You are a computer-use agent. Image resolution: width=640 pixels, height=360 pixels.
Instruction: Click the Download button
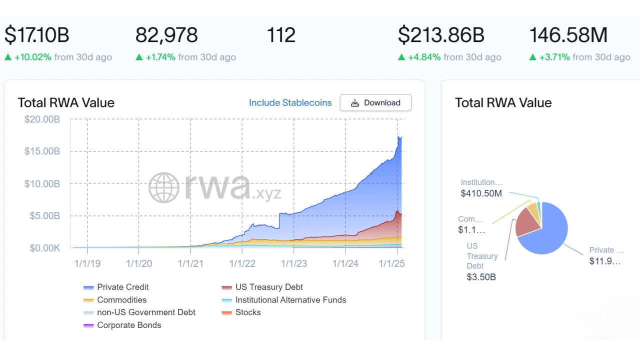click(375, 102)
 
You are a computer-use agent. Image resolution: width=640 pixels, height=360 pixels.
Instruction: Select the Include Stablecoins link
click(290, 102)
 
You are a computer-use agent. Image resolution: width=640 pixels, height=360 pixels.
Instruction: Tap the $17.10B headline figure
click(37, 35)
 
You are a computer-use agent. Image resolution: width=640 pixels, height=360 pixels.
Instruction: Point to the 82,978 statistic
click(166, 35)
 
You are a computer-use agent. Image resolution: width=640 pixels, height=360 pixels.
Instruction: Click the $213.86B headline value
click(441, 35)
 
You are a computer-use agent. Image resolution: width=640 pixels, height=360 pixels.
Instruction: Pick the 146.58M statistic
click(568, 35)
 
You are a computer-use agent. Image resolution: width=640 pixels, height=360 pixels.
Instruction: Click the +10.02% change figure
click(33, 57)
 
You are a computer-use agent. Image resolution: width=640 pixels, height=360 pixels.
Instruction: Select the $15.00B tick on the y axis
click(42, 151)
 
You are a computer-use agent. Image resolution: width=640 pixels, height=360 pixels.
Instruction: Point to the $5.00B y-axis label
click(42, 216)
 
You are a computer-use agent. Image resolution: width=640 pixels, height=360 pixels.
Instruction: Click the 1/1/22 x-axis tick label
click(242, 263)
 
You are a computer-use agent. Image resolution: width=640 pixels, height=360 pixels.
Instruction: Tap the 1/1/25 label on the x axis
click(391, 263)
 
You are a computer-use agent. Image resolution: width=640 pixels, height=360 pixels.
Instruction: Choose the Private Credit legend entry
click(122, 287)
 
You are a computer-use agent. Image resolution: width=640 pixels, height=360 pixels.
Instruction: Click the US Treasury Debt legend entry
click(269, 287)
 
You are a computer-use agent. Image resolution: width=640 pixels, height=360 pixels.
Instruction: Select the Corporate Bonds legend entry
click(129, 325)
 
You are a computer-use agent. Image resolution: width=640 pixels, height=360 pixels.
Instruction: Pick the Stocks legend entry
click(248, 312)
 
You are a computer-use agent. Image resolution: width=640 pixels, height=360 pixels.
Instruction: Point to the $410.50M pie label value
click(481, 193)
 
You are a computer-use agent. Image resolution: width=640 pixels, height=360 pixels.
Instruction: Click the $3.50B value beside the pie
click(481, 277)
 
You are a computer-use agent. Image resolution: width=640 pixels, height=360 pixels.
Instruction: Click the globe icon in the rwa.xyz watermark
click(164, 187)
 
